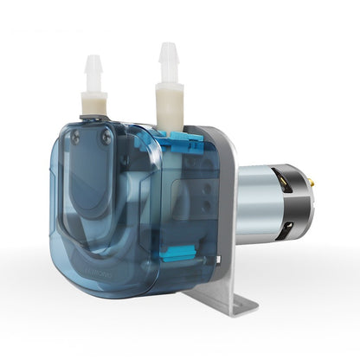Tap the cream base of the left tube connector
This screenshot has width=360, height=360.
tap(93, 102)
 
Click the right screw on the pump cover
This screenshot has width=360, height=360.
tap(106, 137)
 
